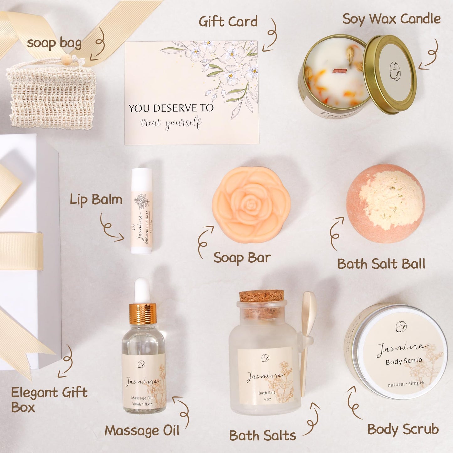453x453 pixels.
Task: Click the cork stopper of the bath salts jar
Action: click(x=262, y=296)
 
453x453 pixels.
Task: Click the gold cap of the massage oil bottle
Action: click(x=143, y=313)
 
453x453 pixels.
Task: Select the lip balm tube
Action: click(x=142, y=211)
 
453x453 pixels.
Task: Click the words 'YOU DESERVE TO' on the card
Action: click(x=171, y=108)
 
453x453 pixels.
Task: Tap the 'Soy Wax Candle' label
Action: click(x=391, y=19)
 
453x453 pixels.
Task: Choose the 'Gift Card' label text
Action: click(x=228, y=22)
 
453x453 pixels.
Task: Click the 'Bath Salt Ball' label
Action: click(x=381, y=264)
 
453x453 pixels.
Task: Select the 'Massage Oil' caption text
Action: click(x=142, y=431)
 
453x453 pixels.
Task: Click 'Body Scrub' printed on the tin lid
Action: click(x=404, y=361)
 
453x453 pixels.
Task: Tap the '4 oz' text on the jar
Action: click(x=267, y=399)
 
